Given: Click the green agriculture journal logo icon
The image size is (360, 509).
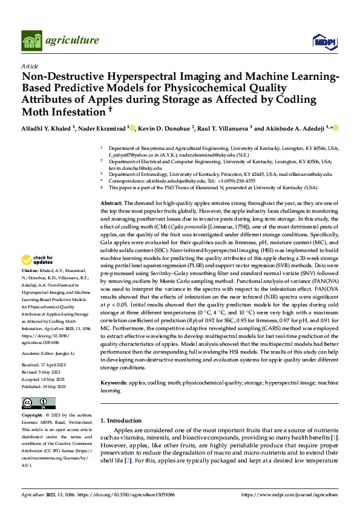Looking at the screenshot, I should pos(32,41).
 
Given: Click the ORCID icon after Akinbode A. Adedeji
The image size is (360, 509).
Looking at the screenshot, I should pos(336,128).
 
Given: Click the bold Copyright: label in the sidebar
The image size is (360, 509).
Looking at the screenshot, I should pos(32,416).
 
